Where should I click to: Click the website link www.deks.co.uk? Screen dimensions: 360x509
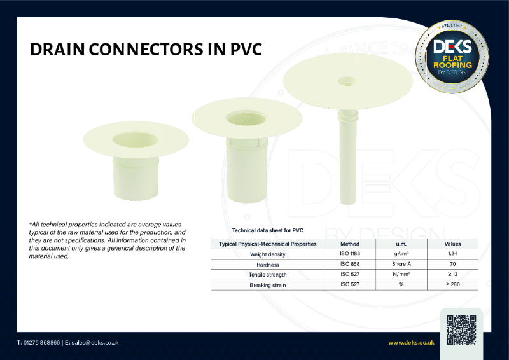tap(411, 343)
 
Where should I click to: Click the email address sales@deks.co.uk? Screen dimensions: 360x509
tap(95, 343)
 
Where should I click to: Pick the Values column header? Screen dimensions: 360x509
tap(452, 244)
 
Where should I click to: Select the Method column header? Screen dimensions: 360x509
tap(349, 244)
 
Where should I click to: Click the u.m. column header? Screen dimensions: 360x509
tap(401, 244)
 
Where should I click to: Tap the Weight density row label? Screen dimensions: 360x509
tap(268, 254)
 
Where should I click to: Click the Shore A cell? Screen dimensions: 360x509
tap(401, 264)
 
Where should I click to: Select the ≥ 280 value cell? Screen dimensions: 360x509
tap(452, 284)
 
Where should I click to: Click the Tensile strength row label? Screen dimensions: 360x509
tap(268, 274)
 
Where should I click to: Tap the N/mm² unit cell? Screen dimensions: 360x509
tap(401, 274)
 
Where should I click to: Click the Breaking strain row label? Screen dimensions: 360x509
tap(268, 284)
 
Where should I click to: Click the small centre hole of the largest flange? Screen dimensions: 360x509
tap(347, 81)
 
